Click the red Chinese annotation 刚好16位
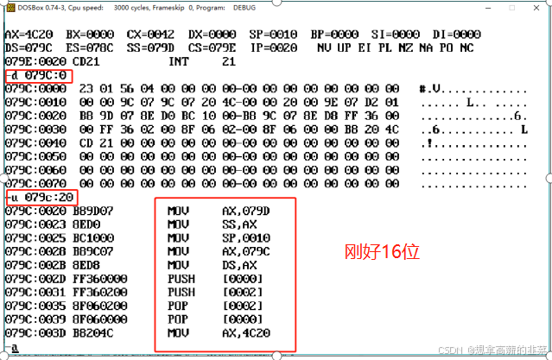pos(382,252)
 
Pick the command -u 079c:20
pos(41,198)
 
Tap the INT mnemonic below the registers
pos(178,62)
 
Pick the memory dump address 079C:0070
pos(35,184)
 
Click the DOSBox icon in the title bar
pos(8,6)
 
